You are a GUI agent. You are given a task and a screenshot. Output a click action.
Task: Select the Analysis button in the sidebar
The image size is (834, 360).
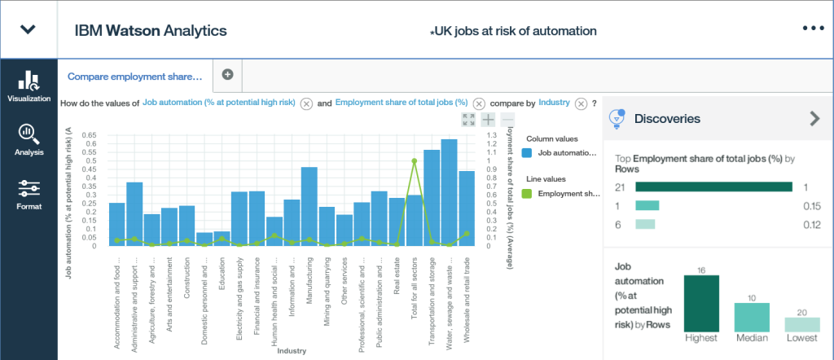(29, 134)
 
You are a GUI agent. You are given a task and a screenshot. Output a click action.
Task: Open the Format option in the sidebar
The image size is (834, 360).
(29, 189)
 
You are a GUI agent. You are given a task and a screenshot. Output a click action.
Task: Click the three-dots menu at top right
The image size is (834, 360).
(814, 29)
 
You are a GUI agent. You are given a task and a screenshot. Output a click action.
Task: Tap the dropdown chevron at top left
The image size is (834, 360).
(29, 29)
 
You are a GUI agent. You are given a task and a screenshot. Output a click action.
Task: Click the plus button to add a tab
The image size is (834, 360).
(227, 75)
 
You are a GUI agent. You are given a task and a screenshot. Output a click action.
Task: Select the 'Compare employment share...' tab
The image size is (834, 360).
(134, 76)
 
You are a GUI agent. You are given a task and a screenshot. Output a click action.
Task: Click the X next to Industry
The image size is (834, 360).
(581, 103)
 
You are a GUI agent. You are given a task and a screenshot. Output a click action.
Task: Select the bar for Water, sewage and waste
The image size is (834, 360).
(449, 192)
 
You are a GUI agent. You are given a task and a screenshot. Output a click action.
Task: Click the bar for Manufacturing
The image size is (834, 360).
(309, 206)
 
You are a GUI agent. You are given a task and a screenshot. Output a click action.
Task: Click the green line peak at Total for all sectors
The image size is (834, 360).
(414, 161)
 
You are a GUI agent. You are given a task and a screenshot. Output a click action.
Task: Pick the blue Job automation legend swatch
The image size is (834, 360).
(527, 152)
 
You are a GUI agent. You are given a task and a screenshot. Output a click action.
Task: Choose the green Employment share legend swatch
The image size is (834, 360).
(527, 193)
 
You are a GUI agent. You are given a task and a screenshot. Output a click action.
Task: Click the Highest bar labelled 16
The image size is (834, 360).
(701, 303)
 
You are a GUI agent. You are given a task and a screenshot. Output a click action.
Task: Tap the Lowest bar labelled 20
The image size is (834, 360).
(802, 324)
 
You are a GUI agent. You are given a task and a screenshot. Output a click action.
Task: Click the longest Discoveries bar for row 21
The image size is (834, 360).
(713, 187)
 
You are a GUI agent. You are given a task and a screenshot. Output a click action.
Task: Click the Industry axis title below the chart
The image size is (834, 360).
(291, 351)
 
